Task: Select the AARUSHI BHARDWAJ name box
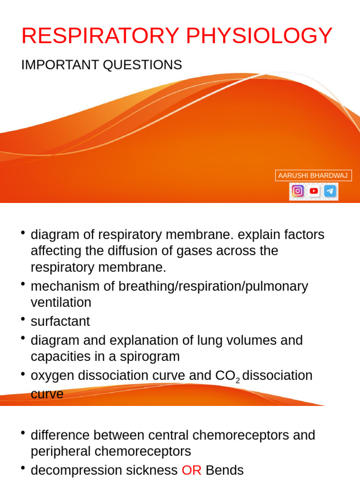(313, 175)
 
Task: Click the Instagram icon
(297, 191)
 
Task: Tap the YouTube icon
(314, 191)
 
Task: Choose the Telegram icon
(330, 191)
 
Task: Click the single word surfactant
(60, 322)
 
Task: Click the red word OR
(191, 471)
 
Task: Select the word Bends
(225, 471)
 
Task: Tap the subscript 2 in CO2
(238, 381)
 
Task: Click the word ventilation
(61, 303)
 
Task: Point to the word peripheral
(59, 452)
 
